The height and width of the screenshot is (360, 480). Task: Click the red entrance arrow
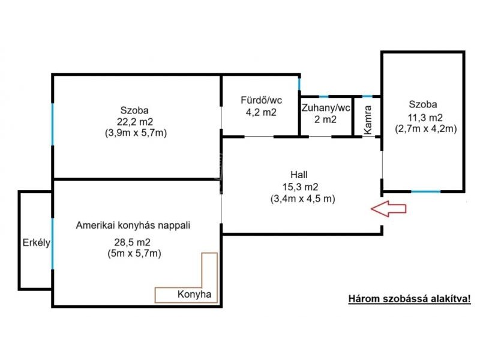388,209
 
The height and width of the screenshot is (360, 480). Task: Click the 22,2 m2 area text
135,122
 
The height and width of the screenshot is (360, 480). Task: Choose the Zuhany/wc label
326,108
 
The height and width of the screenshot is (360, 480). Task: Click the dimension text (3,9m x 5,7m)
135,133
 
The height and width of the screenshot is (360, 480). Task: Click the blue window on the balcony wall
53,243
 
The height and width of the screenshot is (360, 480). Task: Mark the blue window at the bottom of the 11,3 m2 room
425,191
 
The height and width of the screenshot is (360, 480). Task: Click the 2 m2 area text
326,119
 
